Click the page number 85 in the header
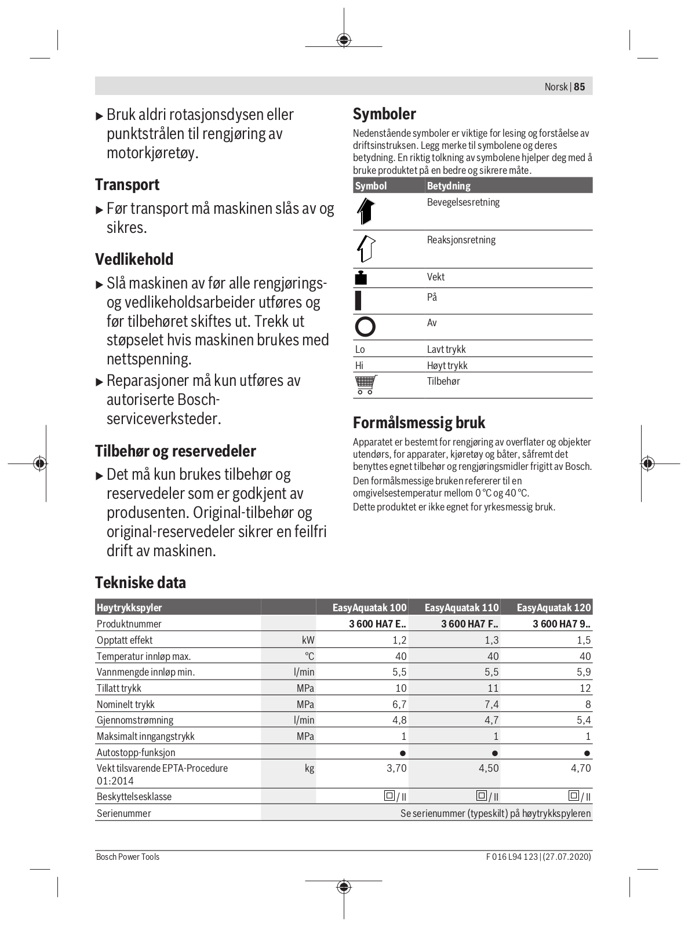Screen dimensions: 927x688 [580, 87]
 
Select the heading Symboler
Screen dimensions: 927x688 [384, 114]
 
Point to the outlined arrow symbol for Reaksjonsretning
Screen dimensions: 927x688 [365, 249]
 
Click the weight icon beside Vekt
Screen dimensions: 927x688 [361, 278]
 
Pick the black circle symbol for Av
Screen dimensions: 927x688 [365, 327]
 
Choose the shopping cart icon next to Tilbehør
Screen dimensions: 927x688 [365, 385]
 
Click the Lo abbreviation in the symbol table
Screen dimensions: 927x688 [360, 349]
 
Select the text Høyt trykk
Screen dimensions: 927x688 [447, 366]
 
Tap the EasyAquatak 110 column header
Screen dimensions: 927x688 [461, 607]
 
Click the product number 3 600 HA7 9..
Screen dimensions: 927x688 [561, 624]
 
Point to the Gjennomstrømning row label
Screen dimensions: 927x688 [135, 720]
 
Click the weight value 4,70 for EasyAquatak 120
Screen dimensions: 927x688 [581, 768]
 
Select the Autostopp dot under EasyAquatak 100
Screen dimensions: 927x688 [403, 753]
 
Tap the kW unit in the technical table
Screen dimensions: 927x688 [308, 640]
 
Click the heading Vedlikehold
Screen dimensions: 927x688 [134, 259]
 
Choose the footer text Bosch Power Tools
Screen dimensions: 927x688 [128, 857]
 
